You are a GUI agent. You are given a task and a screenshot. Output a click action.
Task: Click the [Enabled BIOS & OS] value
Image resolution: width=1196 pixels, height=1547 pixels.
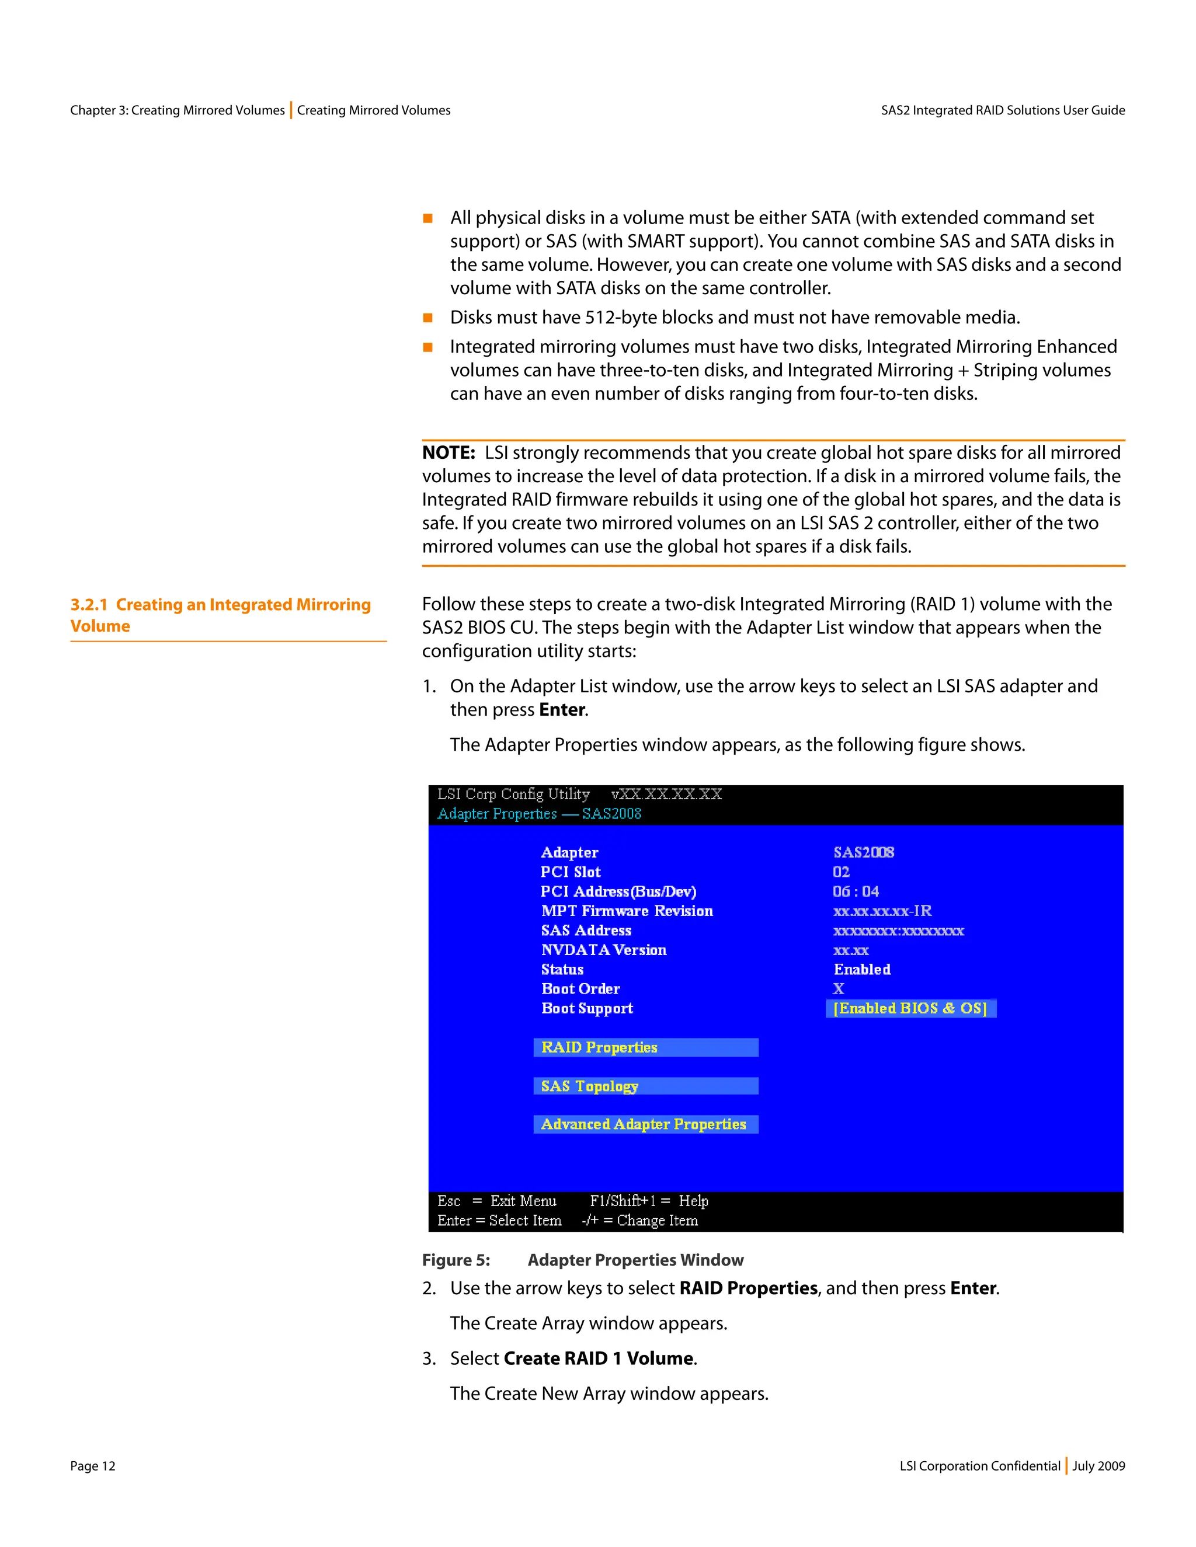[x=910, y=1009]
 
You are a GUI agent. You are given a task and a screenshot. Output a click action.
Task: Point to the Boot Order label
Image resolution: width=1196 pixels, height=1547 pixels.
[x=580, y=989]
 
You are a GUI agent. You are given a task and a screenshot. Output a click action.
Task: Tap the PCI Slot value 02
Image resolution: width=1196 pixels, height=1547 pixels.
[x=841, y=872]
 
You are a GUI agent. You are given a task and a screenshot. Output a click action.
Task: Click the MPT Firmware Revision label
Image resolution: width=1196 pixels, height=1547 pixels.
[x=627, y=911]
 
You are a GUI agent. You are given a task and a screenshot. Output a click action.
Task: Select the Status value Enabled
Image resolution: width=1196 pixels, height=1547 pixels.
[x=861, y=970]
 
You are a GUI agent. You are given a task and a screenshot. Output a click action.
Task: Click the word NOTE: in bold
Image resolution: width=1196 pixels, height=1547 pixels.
[x=448, y=452]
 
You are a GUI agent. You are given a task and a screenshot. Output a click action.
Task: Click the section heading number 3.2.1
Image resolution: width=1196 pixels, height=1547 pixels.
[x=89, y=605]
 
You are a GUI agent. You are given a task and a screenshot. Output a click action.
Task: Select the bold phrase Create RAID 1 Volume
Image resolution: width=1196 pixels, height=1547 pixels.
[x=598, y=1358]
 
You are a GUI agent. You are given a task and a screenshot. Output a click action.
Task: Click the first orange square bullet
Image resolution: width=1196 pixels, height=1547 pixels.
[x=428, y=218]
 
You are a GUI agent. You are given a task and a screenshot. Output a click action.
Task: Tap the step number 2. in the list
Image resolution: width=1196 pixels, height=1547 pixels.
[x=429, y=1288]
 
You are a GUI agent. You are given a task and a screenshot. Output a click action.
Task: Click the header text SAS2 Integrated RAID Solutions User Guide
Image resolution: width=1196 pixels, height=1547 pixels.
[x=1003, y=110]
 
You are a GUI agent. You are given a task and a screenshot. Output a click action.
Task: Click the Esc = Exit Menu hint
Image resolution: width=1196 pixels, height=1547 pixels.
[x=497, y=1201]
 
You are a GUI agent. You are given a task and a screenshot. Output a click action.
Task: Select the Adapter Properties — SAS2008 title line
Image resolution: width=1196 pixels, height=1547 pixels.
[x=539, y=814]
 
